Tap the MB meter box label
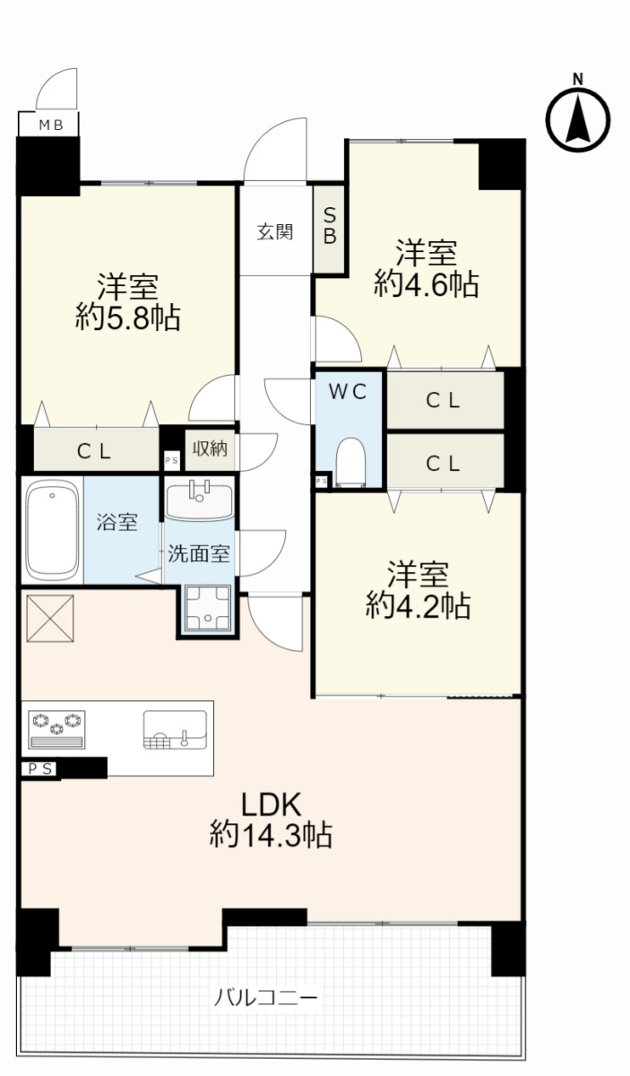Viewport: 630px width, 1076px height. click(51, 126)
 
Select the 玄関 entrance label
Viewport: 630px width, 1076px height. click(274, 232)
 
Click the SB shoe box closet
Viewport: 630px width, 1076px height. click(329, 230)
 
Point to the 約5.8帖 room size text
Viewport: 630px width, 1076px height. click(128, 317)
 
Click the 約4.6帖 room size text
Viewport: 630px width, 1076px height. click(427, 284)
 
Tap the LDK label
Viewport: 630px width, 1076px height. click(271, 804)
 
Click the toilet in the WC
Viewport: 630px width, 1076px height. click(351, 462)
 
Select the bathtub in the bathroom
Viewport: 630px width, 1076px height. click(52, 530)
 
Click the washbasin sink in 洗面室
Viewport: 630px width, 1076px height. click(200, 500)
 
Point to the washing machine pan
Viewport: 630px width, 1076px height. click(208, 608)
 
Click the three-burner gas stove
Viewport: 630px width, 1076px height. click(56, 730)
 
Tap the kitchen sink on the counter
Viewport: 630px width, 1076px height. click(176, 730)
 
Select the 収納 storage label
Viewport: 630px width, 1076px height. click(210, 448)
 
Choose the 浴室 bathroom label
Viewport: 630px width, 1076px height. click(117, 522)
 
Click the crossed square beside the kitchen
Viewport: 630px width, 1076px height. click(50, 619)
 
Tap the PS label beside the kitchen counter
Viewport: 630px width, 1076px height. click(40, 769)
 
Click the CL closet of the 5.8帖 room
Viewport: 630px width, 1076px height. click(97, 449)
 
